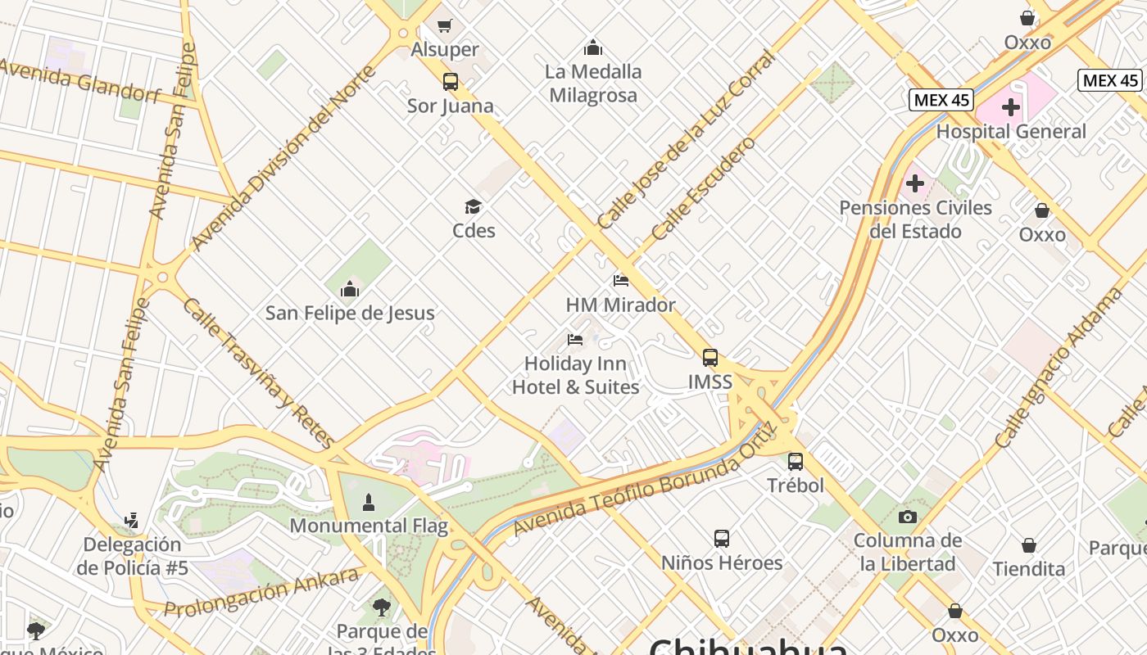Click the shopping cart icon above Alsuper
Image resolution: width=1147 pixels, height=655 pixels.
(x=444, y=26)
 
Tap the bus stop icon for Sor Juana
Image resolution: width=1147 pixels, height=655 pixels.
(x=450, y=82)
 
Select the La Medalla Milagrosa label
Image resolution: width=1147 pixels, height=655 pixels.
(x=593, y=84)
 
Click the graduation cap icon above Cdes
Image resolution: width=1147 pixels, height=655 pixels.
(x=473, y=206)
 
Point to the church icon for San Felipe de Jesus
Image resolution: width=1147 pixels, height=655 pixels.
(x=350, y=289)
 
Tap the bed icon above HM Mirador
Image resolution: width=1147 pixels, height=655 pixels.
(x=621, y=281)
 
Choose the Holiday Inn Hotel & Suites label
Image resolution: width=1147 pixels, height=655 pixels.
(x=575, y=375)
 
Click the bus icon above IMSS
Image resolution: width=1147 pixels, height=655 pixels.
(x=710, y=358)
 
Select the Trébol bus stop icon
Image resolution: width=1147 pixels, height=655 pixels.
(x=795, y=462)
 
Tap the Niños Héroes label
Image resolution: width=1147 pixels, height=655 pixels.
(x=722, y=562)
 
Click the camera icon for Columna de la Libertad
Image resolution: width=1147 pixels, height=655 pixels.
(x=907, y=517)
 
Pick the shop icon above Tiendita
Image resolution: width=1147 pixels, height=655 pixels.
(x=1029, y=545)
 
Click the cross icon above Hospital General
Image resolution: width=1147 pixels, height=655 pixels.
(x=1010, y=107)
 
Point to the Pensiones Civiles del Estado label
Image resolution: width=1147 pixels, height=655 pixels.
(x=915, y=219)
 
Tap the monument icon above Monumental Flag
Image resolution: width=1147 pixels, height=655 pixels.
(x=369, y=502)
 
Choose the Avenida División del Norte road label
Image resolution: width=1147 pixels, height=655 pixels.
(x=283, y=156)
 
